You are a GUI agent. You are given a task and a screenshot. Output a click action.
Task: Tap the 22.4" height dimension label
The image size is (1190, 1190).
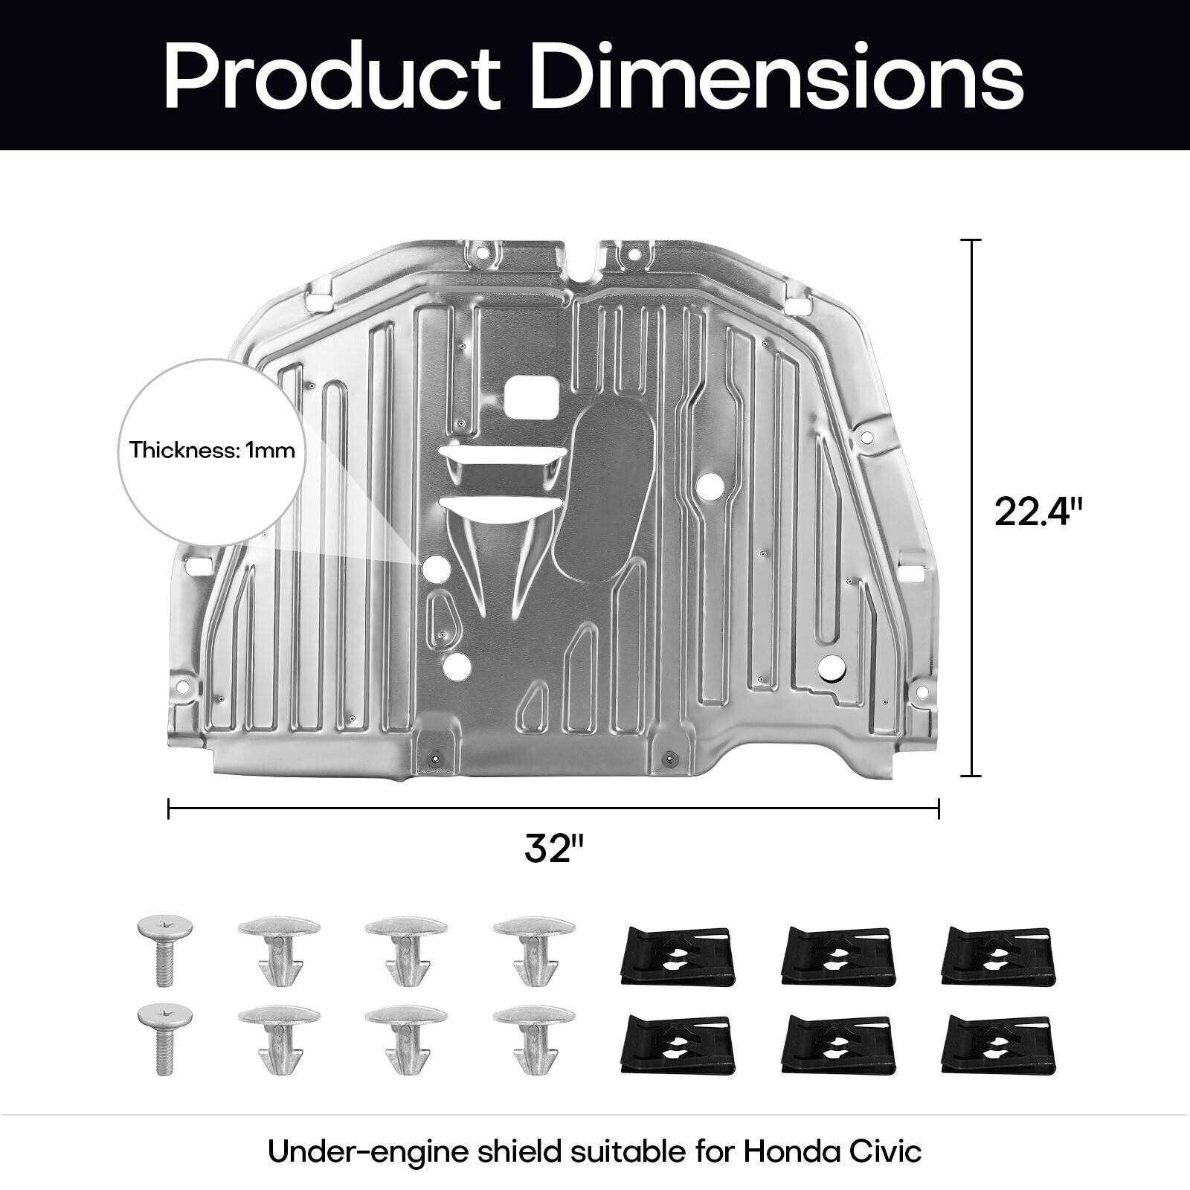[x=1039, y=512]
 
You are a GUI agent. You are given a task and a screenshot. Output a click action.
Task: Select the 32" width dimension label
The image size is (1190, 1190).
[x=554, y=849]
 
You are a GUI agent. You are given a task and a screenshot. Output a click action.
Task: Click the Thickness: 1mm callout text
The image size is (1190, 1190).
[x=212, y=451]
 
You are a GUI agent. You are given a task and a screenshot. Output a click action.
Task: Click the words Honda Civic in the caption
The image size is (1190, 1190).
[x=832, y=1152]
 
